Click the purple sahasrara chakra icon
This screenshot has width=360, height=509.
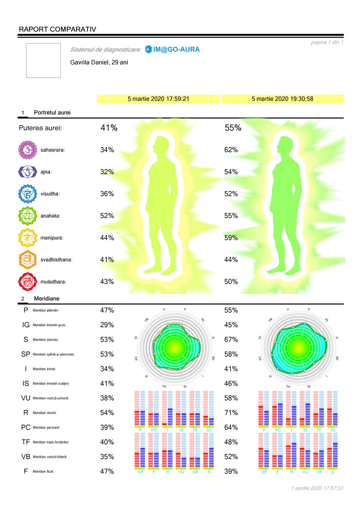pyautogui.click(x=28, y=150)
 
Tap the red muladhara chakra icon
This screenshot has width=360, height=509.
pyautogui.click(x=28, y=281)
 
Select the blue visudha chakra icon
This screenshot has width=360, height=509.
pyautogui.click(x=28, y=194)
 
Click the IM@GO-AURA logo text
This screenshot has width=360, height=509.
pyautogui.click(x=176, y=50)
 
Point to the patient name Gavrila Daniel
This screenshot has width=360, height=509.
pyautogui.click(x=99, y=63)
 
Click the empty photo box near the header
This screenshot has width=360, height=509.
pyautogui.click(x=43, y=60)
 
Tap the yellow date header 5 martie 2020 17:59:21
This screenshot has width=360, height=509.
pyautogui.click(x=158, y=99)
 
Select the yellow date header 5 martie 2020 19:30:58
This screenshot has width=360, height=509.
pyautogui.click(x=282, y=99)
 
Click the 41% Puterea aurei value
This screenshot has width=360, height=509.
pyautogui.click(x=109, y=128)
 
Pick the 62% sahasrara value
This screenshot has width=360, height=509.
pyautogui.click(x=231, y=150)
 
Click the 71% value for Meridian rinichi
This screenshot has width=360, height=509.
pyautogui.click(x=231, y=413)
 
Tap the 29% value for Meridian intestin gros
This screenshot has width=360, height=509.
pyautogui.click(x=107, y=325)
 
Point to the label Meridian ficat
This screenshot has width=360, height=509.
pyautogui.click(x=44, y=471)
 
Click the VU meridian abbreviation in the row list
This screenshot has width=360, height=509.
pyautogui.click(x=26, y=398)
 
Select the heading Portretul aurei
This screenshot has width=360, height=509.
pyautogui.click(x=52, y=113)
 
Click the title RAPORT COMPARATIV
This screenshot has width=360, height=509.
pyautogui.click(x=57, y=29)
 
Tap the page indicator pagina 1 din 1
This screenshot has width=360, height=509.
pyautogui.click(x=327, y=42)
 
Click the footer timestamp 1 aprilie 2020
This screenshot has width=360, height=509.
pyautogui.click(x=318, y=488)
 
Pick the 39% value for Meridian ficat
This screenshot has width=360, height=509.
pyautogui.click(x=231, y=471)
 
